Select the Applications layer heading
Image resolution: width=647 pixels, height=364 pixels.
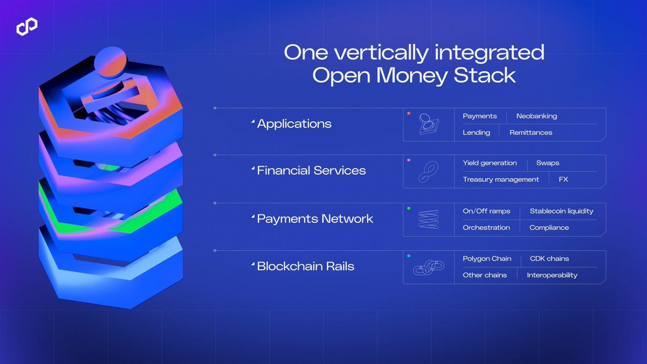[294, 123]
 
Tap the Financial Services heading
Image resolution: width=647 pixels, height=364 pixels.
[311, 170]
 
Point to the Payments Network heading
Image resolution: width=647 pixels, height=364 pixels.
[315, 218]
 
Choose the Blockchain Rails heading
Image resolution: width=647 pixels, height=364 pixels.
[305, 266]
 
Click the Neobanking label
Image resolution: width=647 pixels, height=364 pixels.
[536, 116]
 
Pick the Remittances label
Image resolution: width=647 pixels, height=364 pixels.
[531, 132]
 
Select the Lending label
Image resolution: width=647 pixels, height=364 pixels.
[476, 132]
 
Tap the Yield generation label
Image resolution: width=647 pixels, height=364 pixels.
[490, 163]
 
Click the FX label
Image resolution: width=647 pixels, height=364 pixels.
[563, 179]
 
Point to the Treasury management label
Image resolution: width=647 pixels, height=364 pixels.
[500, 179]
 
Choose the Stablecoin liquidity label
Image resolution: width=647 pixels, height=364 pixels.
[561, 211]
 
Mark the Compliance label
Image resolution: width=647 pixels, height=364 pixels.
[549, 228]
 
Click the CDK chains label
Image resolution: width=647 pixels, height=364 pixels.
[549, 258]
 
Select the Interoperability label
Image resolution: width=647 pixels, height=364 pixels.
[552, 275]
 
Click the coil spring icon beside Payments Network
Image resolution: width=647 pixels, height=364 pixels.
[429, 220]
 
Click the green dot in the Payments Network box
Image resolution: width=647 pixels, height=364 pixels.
[409, 208]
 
